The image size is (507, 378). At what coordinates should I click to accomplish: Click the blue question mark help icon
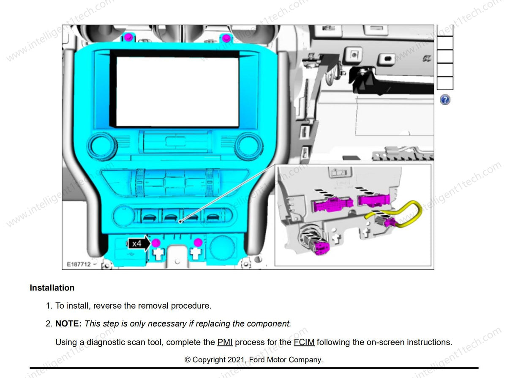pos(445,100)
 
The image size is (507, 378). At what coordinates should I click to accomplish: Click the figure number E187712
pos(79,264)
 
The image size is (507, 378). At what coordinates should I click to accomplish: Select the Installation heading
pos(52,288)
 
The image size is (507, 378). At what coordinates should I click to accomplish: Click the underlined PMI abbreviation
pos(225,342)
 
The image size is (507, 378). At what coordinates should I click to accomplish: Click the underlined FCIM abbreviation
pos(304,342)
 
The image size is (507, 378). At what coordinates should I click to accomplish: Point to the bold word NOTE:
pos(68,323)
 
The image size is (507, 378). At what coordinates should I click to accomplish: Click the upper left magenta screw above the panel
pos(128,37)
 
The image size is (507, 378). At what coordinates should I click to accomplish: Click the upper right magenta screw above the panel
pos(226,38)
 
